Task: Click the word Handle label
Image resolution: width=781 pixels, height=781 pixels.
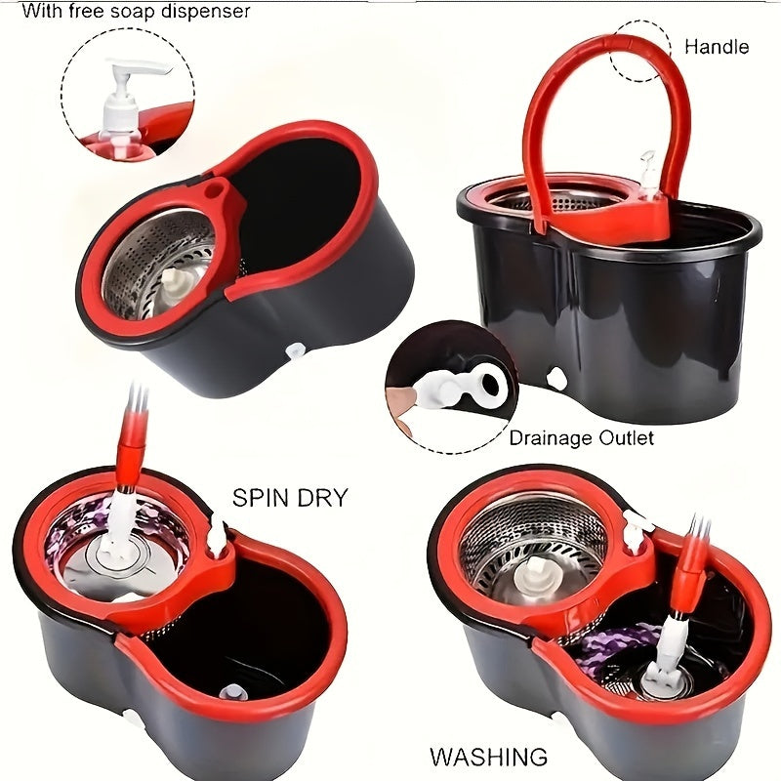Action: point(716,46)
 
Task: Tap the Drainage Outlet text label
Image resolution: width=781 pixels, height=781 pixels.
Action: point(581,438)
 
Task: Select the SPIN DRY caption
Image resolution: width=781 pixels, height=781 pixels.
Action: point(289,498)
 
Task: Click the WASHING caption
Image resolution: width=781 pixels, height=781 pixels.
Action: point(488,757)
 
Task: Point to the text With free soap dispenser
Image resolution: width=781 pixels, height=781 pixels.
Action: point(136,12)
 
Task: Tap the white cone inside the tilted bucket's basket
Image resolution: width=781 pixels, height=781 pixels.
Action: point(176,285)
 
